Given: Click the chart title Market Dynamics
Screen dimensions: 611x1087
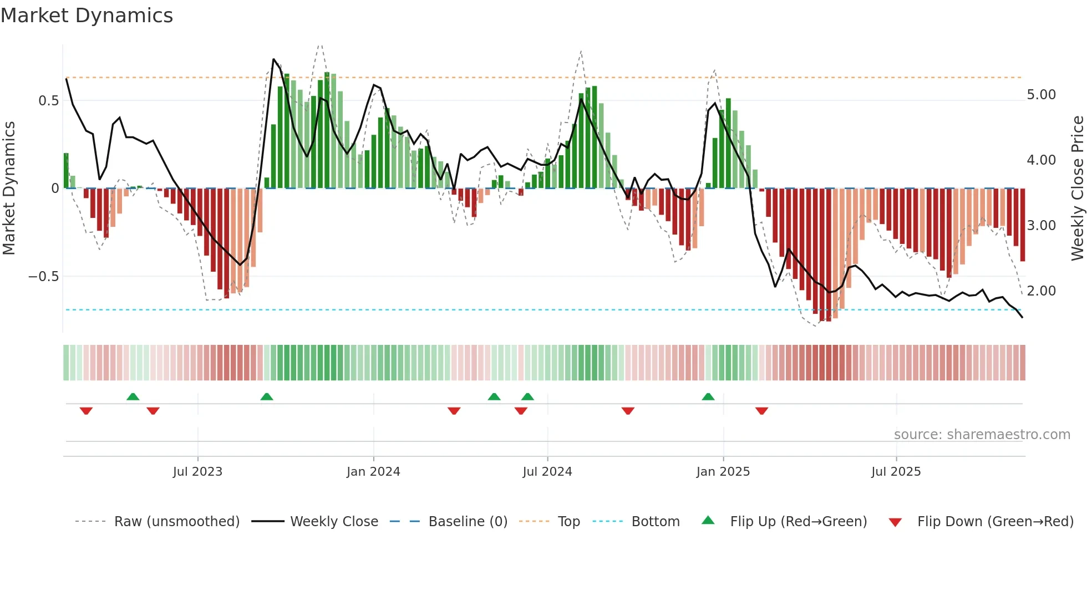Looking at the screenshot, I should [87, 16].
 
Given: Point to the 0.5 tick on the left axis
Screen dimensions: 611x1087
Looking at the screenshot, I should [48, 100].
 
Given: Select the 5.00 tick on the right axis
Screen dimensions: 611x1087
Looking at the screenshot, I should [1041, 95].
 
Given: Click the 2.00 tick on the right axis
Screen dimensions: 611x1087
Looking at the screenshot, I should [1041, 291].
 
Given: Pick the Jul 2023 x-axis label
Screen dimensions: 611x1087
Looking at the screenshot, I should [197, 472].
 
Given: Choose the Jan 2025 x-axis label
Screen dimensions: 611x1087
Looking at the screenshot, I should [723, 472].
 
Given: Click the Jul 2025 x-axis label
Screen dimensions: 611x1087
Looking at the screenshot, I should [896, 472].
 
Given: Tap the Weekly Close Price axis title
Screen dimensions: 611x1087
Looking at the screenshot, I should [1077, 188].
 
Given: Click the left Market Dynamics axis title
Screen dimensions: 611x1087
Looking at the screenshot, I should [9, 188].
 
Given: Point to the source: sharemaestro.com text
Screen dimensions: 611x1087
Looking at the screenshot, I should [982, 435].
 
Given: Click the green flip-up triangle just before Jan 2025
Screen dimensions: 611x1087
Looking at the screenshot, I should [708, 396].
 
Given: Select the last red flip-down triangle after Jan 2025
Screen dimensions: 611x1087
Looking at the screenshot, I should [761, 411].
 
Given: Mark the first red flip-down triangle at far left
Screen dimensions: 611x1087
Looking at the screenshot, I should [86, 411].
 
